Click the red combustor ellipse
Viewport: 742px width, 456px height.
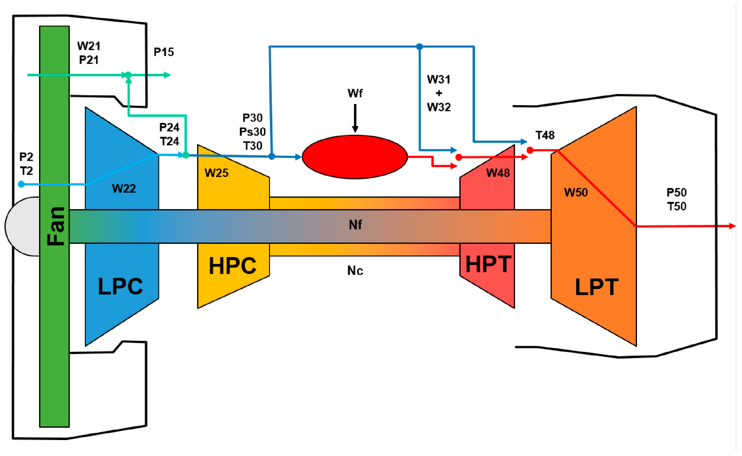[355, 157]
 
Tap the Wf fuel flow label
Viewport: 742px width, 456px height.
[355, 93]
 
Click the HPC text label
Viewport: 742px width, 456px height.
[233, 266]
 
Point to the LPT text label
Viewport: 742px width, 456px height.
[597, 287]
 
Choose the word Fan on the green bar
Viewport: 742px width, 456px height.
[56, 226]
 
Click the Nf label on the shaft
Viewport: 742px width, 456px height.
[355, 225]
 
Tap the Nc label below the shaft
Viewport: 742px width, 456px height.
[355, 270]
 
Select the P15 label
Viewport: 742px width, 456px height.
[164, 52]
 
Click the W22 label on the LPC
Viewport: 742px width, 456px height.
[124, 188]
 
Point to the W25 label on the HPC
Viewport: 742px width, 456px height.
[216, 173]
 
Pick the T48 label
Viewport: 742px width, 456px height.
[545, 135]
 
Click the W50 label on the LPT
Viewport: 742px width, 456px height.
[576, 192]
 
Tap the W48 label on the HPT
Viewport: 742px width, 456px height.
[498, 173]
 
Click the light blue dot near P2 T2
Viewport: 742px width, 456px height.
[21, 184]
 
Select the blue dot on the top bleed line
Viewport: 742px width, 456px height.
[420, 47]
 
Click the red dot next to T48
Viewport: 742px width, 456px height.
[530, 150]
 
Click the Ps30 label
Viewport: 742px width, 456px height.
[252, 132]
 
